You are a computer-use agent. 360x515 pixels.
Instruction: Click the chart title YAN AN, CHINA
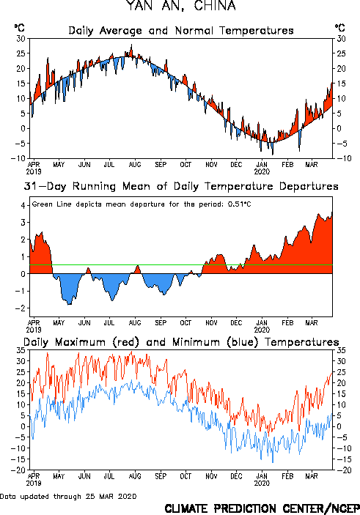coord(181,6)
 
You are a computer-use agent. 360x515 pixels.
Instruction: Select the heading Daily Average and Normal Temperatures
coord(181,31)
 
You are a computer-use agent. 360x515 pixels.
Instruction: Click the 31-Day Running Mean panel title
coord(181,186)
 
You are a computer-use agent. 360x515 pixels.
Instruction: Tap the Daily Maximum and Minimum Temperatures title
coord(181,342)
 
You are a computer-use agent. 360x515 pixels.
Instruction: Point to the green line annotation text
coord(142,204)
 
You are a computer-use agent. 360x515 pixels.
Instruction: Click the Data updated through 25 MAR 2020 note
coord(68,496)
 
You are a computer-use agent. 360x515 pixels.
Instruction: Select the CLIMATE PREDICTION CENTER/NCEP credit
coord(262,508)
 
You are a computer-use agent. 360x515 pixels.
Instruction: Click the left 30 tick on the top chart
coord(21,39)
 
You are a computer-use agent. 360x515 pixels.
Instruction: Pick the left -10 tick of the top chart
coord(18,158)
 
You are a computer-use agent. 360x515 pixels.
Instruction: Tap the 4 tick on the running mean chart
coord(23,206)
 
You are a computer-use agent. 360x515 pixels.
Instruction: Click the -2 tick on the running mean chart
coord(21,308)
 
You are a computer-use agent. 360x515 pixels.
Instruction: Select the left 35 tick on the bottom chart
coord(21,350)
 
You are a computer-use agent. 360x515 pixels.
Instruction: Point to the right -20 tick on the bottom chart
coord(344,470)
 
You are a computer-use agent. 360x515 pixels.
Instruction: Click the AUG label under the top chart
coord(135,165)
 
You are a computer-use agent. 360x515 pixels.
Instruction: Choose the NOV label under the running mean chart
coord(211,323)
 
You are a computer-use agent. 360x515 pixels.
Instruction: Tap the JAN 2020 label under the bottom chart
coord(262,480)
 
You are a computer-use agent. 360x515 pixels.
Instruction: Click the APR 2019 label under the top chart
coord(34,168)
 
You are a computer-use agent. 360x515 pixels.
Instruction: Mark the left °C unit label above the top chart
coord(19,27)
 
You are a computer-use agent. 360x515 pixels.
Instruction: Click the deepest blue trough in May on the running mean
coord(69,304)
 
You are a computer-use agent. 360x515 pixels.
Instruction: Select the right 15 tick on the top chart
coord(341,84)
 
